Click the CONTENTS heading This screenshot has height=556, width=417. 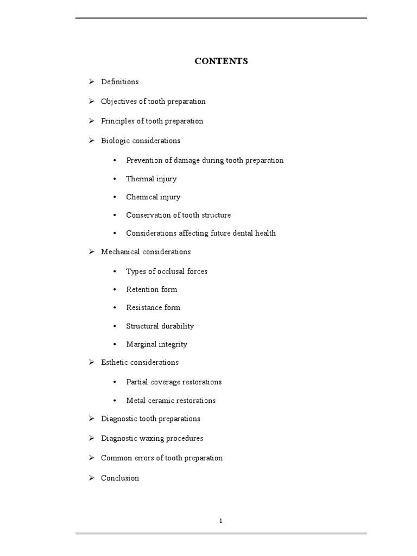(x=221, y=61)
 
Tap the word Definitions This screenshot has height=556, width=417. (x=119, y=82)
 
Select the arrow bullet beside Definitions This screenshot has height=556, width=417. (x=92, y=81)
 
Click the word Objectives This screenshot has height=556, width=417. (x=118, y=102)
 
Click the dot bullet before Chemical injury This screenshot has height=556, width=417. (x=115, y=197)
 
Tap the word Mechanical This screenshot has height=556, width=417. (x=120, y=251)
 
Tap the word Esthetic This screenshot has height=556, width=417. (x=114, y=362)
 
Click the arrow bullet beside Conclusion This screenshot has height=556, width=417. (x=92, y=478)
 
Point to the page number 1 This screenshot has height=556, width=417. (x=221, y=521)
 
